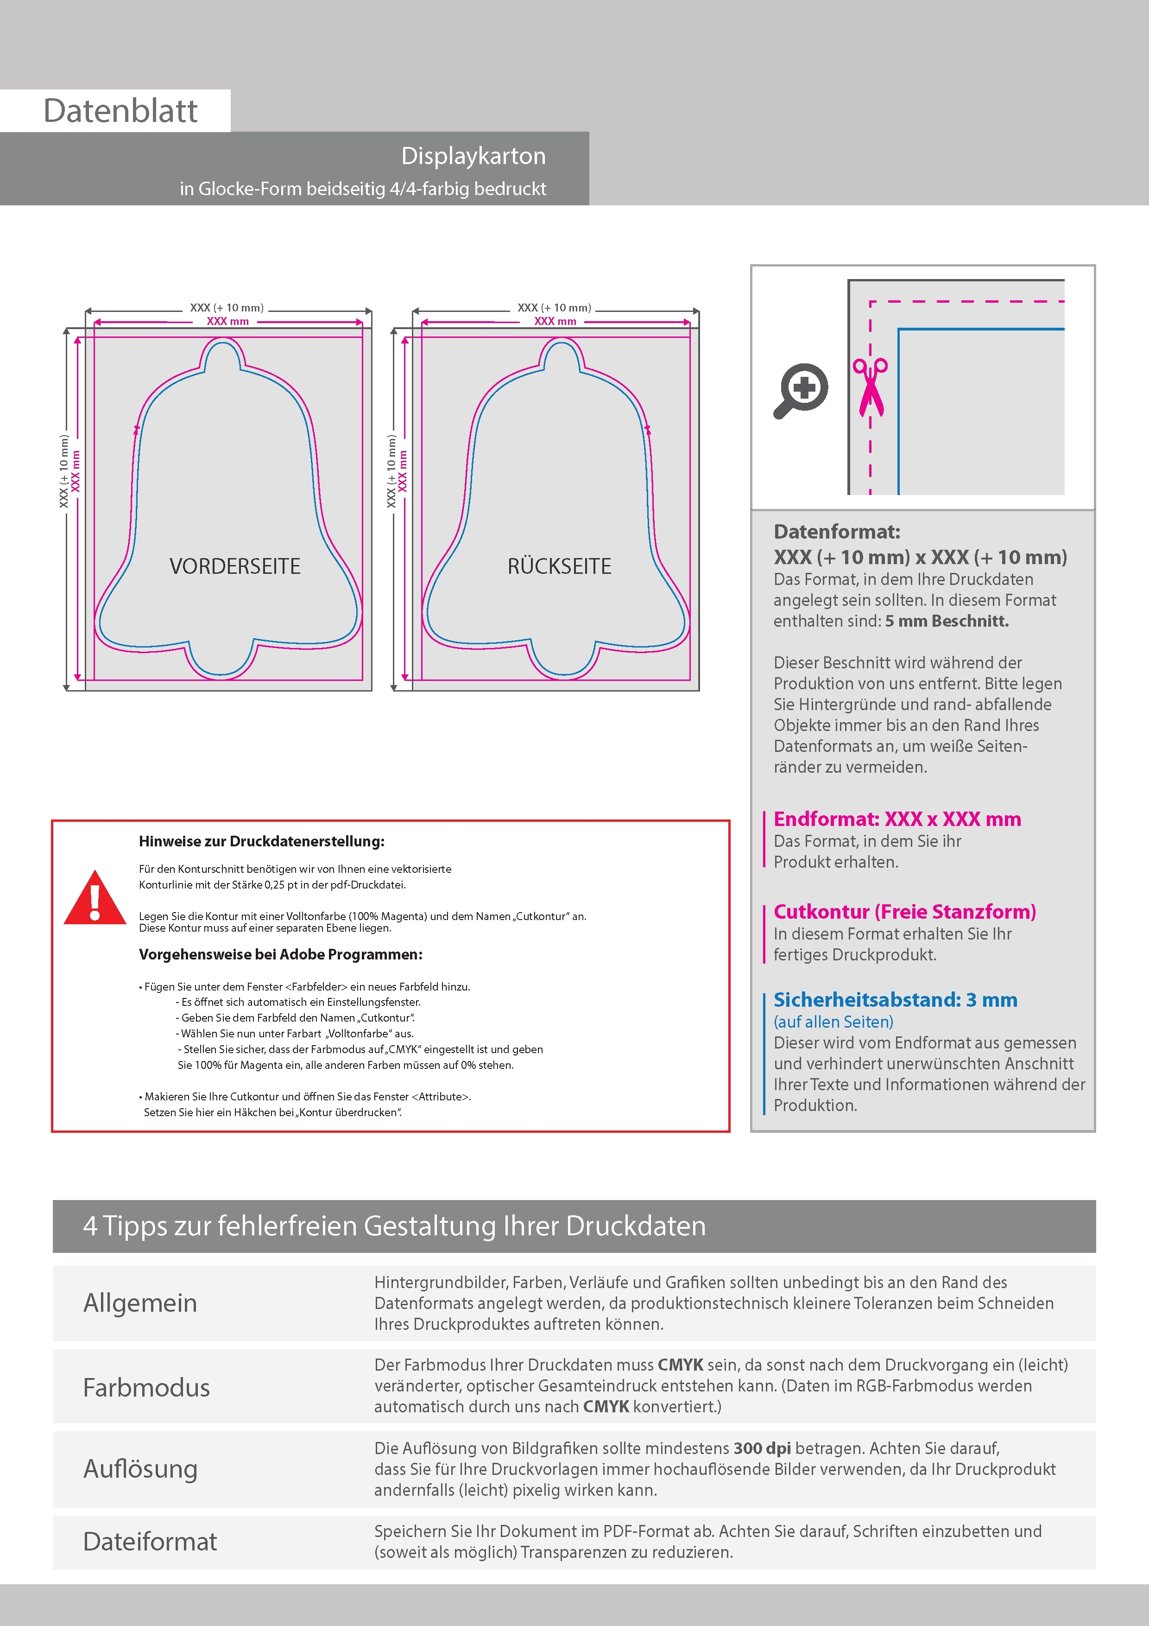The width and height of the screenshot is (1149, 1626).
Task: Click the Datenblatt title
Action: [x=120, y=111]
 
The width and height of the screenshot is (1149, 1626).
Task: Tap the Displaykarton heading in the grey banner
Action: [x=473, y=156]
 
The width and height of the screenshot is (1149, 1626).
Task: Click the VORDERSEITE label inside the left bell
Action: [x=235, y=566]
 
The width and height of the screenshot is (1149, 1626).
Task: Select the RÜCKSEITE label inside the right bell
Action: [x=559, y=566]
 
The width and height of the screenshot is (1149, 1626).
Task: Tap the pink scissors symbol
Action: [x=871, y=387]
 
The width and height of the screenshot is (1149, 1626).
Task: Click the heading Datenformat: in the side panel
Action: [x=837, y=532]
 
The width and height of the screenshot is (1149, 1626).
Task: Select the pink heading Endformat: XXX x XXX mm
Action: [x=897, y=819]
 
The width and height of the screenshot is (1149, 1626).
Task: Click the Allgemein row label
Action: [x=140, y=1303]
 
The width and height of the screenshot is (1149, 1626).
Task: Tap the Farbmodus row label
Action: [x=146, y=1387]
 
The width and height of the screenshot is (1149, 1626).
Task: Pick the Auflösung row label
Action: [x=140, y=1469]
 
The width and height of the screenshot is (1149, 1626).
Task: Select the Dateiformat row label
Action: [x=150, y=1542]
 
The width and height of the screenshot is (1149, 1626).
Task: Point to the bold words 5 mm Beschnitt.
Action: [x=947, y=621]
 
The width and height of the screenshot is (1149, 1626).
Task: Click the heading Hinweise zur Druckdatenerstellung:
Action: [x=262, y=841]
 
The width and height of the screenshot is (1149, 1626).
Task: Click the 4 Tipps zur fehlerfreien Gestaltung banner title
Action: [x=394, y=1226]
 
